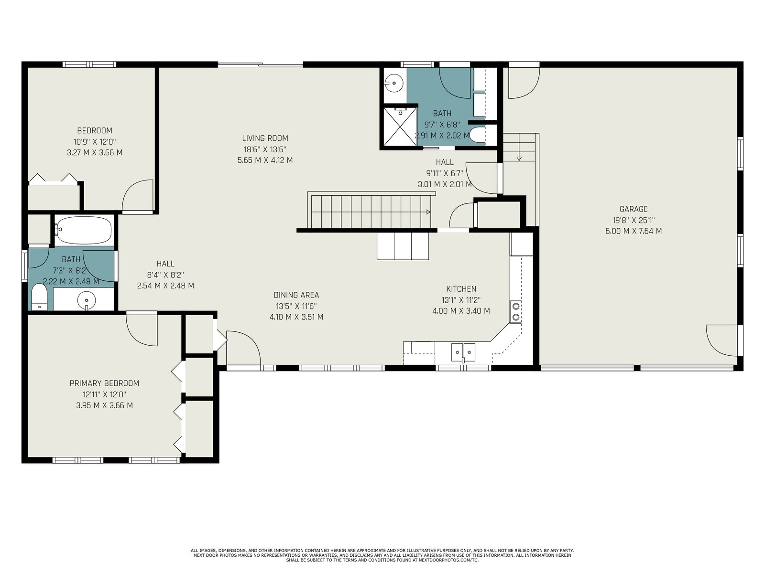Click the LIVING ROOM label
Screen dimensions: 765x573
click(265, 138)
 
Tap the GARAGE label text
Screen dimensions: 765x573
click(633, 209)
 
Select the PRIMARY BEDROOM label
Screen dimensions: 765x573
click(104, 383)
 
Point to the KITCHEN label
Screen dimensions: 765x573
click(461, 289)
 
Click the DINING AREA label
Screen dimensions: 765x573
click(296, 295)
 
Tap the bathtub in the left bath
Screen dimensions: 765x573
click(84, 230)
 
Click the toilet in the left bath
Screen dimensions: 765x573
click(39, 297)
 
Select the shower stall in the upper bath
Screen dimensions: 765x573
click(400, 127)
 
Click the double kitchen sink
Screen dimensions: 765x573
click(463, 352)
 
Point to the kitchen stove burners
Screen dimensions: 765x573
click(515, 312)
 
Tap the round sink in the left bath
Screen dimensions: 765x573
click(87, 299)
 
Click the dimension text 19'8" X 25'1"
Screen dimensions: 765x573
click(633, 220)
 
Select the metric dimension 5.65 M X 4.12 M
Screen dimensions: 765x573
click(265, 160)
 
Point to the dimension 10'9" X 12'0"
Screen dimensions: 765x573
click(95, 142)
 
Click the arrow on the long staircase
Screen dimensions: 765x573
click(428, 212)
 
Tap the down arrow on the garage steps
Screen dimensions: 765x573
click(519, 159)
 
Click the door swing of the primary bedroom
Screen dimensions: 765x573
click(142, 330)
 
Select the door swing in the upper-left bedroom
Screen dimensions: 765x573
click(137, 195)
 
